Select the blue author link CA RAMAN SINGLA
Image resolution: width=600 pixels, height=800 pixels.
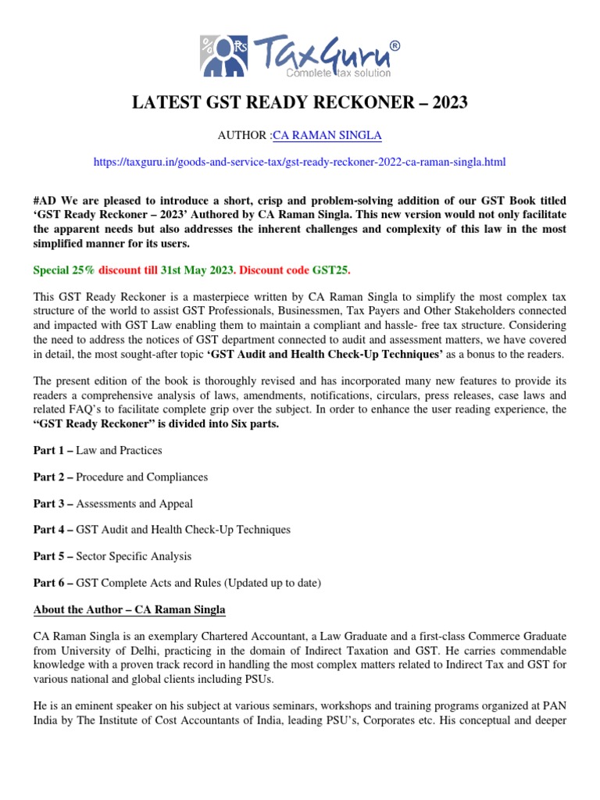(x=327, y=135)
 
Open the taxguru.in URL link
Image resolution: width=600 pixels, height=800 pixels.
(x=299, y=162)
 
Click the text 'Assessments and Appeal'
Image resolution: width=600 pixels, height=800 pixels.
(x=134, y=503)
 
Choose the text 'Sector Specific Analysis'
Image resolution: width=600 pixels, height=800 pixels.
(x=134, y=556)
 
